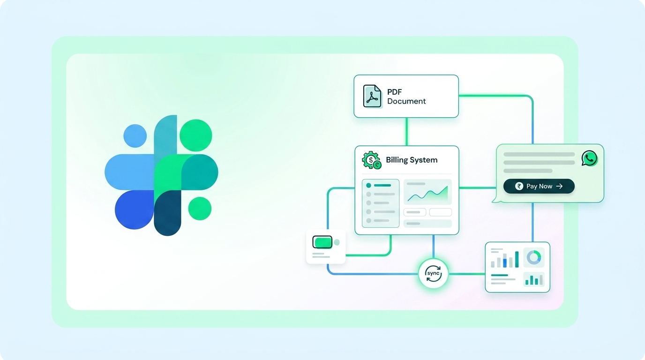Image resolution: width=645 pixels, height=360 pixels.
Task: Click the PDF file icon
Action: point(372,96)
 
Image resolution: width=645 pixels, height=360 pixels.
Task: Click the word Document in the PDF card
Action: point(406,101)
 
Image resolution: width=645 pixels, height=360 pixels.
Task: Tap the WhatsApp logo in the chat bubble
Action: point(589,158)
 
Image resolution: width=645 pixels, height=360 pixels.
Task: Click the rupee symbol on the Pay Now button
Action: point(519,186)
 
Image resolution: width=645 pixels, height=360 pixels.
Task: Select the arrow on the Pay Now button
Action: point(559,187)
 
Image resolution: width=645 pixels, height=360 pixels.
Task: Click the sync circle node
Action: point(433,273)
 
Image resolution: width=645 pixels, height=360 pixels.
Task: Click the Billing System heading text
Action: point(412,160)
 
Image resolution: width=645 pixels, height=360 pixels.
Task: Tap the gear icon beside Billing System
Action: point(371,160)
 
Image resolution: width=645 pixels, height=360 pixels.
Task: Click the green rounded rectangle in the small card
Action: point(322,242)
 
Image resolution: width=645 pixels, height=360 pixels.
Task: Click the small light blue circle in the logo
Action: point(135,135)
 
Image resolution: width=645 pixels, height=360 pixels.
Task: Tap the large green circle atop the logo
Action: point(196,135)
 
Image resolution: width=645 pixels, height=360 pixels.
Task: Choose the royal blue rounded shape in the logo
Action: point(134,210)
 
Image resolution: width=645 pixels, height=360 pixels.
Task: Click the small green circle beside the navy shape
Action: point(200,209)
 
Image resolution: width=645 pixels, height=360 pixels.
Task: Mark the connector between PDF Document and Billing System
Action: point(406,132)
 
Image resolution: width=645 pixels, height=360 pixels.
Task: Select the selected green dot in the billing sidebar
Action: point(368,186)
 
